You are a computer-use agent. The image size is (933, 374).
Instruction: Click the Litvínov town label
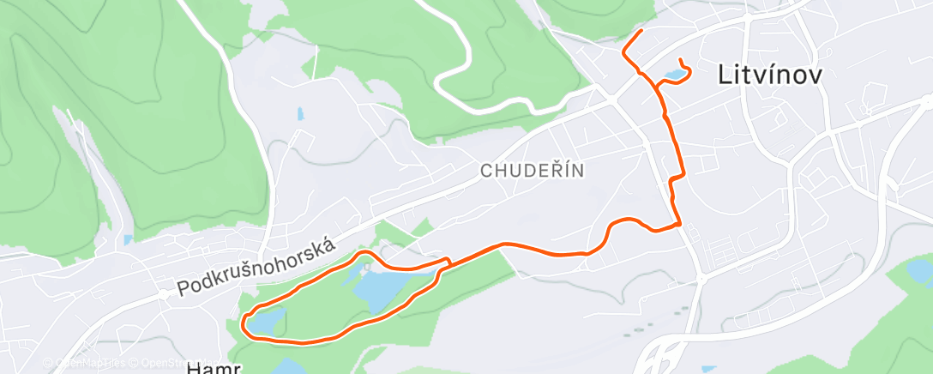tap(769, 75)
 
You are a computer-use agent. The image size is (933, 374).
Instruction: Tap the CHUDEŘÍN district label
tap(532, 170)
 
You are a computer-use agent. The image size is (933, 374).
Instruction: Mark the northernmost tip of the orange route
tap(641, 32)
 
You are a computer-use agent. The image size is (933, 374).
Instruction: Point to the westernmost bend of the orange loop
tap(244, 323)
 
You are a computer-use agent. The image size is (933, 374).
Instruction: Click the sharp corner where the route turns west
tap(680, 225)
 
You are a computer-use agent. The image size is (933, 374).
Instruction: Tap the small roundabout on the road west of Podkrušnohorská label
tap(163, 293)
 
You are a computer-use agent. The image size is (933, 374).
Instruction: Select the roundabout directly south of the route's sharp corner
tap(701, 279)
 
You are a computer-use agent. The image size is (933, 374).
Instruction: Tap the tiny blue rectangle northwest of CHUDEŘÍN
tap(299, 113)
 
